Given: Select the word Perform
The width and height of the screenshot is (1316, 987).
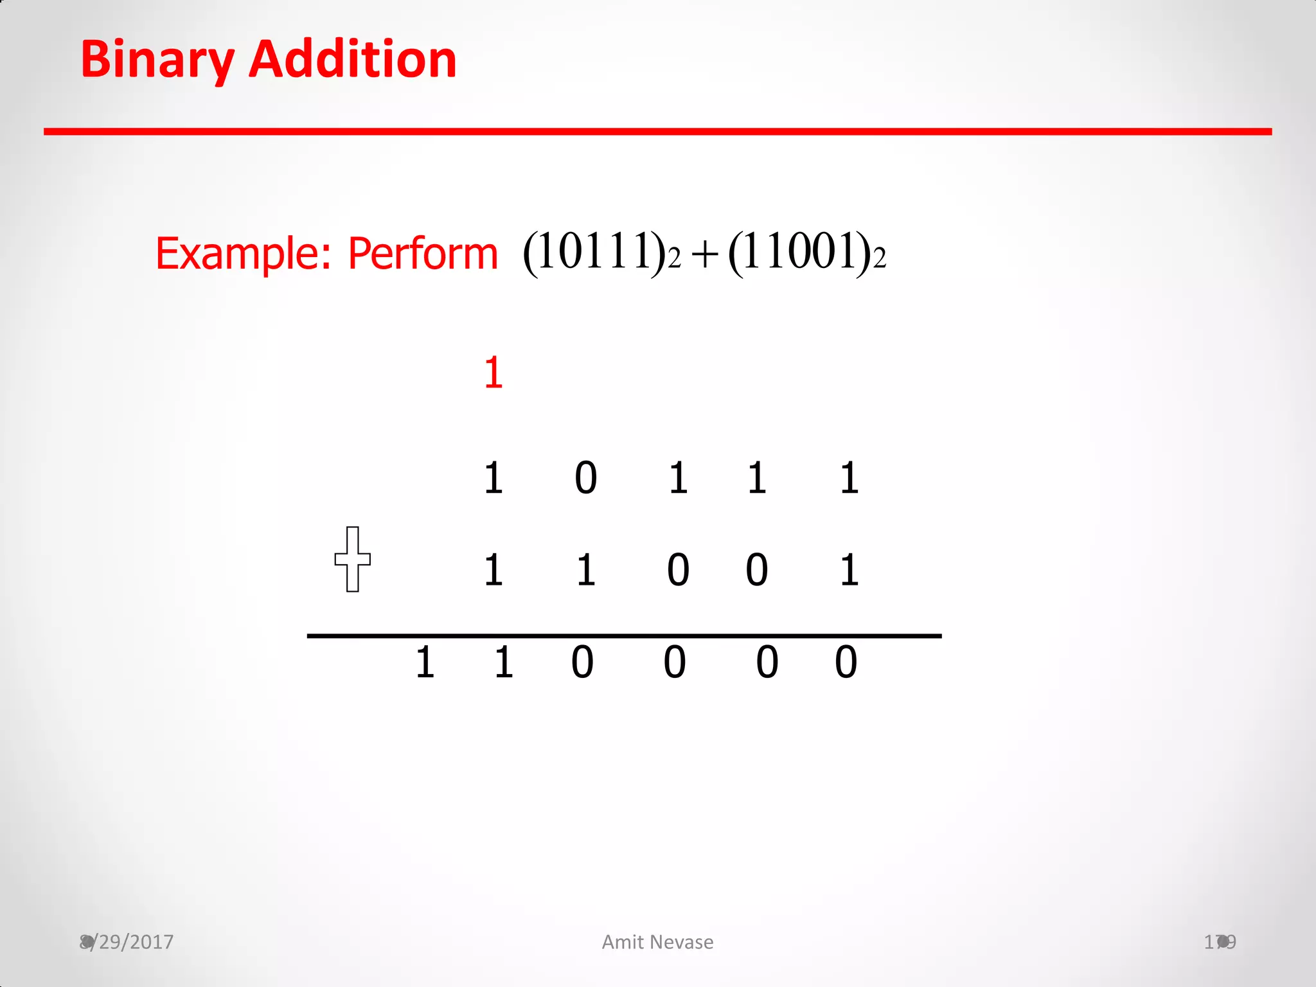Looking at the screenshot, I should pyautogui.click(x=422, y=254).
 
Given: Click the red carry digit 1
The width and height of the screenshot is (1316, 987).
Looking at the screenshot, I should pyautogui.click(x=493, y=373).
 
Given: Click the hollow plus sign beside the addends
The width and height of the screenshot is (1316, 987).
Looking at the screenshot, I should pyautogui.click(x=352, y=559).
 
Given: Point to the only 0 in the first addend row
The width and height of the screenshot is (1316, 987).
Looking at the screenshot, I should pyautogui.click(x=585, y=478).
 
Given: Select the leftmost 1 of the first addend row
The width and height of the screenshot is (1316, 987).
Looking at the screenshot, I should pyautogui.click(x=493, y=478).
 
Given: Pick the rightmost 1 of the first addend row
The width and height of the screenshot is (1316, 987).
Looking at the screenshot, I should pyautogui.click(x=849, y=478).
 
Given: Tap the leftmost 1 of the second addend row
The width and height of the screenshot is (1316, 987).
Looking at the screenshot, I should pyautogui.click(x=493, y=570).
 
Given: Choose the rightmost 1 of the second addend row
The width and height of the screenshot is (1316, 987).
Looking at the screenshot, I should pyautogui.click(x=849, y=570).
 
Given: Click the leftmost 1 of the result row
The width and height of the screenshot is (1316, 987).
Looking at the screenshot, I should pyautogui.click(x=425, y=662).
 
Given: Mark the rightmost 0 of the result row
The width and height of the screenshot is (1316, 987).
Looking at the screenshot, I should pyautogui.click(x=846, y=662).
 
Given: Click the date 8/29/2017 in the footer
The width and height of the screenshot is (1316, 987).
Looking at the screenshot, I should pyautogui.click(x=127, y=942).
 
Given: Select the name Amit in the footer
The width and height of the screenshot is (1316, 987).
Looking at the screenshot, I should pyautogui.click(x=623, y=942).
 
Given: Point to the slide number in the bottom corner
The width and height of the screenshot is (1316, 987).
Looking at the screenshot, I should pyautogui.click(x=1220, y=942).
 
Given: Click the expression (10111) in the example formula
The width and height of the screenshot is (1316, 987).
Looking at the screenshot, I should pyautogui.click(x=594, y=253).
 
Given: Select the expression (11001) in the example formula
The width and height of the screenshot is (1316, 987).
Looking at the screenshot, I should pyautogui.click(x=799, y=253).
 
